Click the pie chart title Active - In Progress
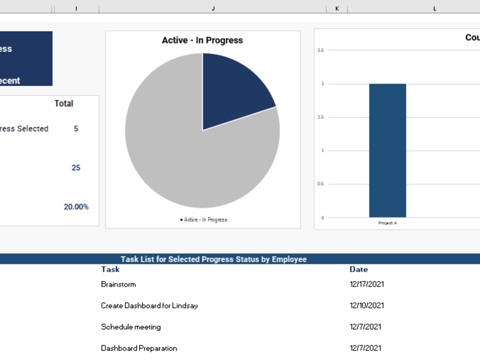(x=202, y=40)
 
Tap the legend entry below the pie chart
(x=204, y=219)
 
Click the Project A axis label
(x=387, y=223)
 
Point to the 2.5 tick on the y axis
(x=320, y=50)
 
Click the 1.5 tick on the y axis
(x=320, y=117)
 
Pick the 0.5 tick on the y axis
(x=320, y=184)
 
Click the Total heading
(x=64, y=103)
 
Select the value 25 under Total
(x=76, y=168)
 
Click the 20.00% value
(x=76, y=207)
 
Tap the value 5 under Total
(x=76, y=129)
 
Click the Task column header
(x=110, y=269)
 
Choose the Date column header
(x=359, y=269)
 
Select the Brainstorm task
(x=118, y=284)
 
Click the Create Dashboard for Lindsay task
(x=149, y=305)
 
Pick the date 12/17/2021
(x=367, y=284)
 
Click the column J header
(x=213, y=8)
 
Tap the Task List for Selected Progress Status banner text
(x=213, y=259)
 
